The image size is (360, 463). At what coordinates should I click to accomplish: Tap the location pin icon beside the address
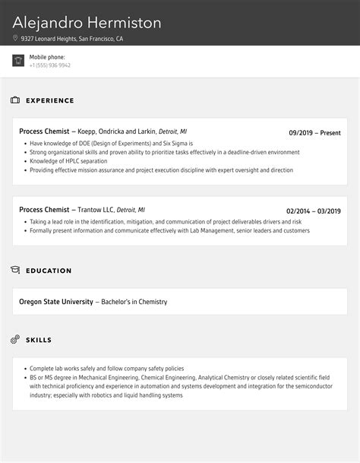pos(15,38)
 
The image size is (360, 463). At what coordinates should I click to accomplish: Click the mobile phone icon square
pos(18,61)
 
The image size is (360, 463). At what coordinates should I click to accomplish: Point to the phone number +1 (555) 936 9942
pos(50,65)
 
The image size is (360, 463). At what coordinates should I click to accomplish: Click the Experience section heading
pos(50,100)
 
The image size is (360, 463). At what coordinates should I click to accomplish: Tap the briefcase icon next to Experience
pos(15,100)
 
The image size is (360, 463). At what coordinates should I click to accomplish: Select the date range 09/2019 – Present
pos(314,132)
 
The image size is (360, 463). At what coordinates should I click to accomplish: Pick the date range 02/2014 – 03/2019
pos(313,211)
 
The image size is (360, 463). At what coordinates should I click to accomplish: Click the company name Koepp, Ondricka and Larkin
pos(117,132)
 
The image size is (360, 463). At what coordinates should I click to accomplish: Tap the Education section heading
pos(49,271)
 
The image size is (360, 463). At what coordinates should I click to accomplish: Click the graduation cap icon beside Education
pos(15,270)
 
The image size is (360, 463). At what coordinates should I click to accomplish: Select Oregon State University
pos(55,302)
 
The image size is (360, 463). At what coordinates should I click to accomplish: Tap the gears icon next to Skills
pos(15,339)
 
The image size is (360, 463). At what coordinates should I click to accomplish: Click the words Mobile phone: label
pos(47,57)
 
